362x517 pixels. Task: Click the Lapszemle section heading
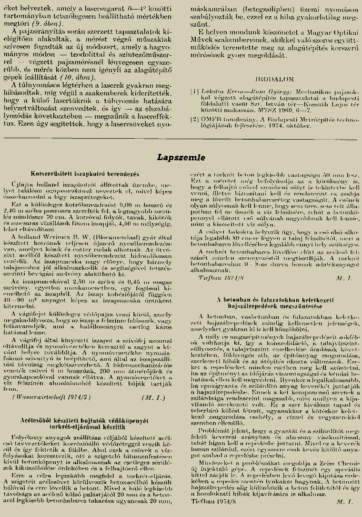click(181, 157)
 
